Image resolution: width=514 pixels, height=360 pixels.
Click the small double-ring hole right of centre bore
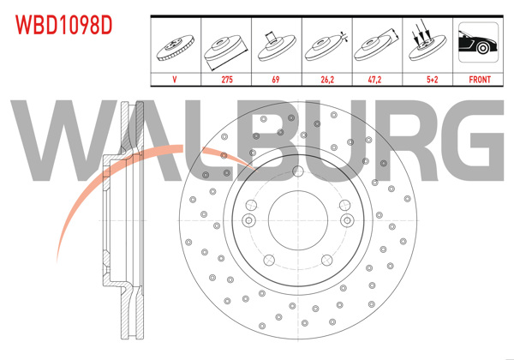click(347, 220)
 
